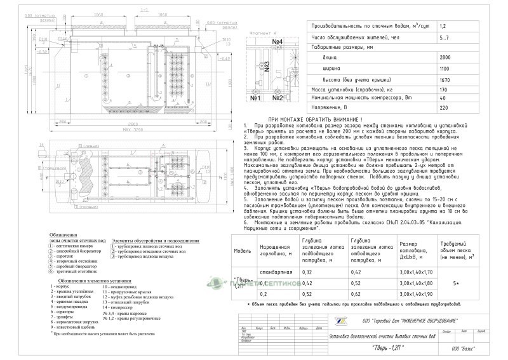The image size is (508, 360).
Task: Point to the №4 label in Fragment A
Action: click(x=277, y=43)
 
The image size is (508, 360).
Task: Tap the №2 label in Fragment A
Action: click(x=277, y=99)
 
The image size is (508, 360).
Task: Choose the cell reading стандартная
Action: click(x=279, y=272)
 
